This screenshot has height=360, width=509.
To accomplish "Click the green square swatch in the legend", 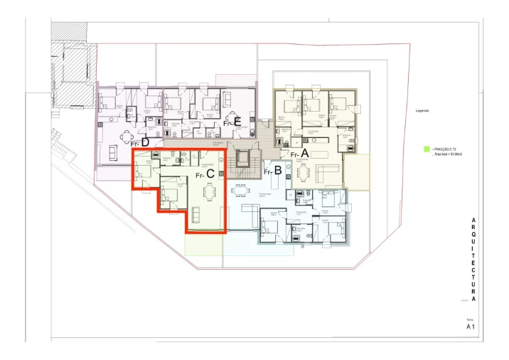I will [426, 149].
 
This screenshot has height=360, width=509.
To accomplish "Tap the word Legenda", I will [423, 111].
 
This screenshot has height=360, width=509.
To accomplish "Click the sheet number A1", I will [470, 327].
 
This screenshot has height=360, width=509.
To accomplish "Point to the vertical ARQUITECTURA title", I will [473, 260].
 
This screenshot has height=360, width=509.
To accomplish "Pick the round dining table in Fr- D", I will [126, 135].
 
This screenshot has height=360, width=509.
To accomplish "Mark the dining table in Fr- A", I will [304, 173].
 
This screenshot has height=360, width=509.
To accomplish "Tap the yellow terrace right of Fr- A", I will [357, 172].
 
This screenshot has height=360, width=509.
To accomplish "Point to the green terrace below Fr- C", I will [204, 244].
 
